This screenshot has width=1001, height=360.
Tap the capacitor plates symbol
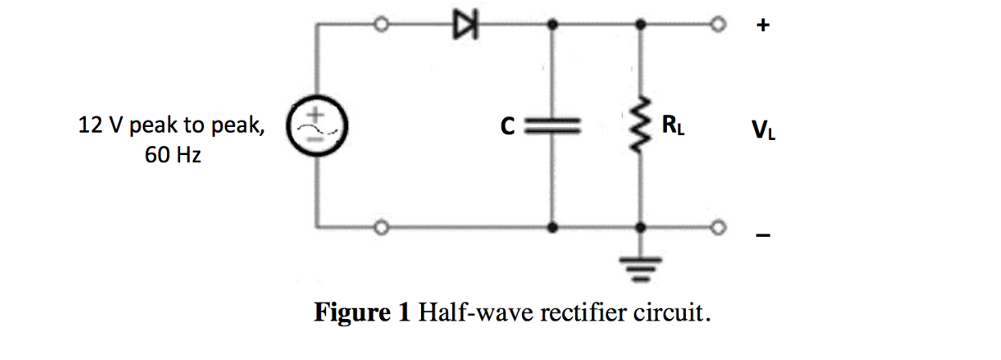tap(551, 126)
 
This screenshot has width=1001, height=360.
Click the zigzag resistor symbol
tap(640, 126)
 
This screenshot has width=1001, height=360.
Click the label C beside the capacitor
tap(506, 127)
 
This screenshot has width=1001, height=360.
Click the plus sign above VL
tap(762, 27)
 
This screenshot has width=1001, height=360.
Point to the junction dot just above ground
tap(640, 227)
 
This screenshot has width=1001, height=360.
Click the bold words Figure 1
tap(362, 311)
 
